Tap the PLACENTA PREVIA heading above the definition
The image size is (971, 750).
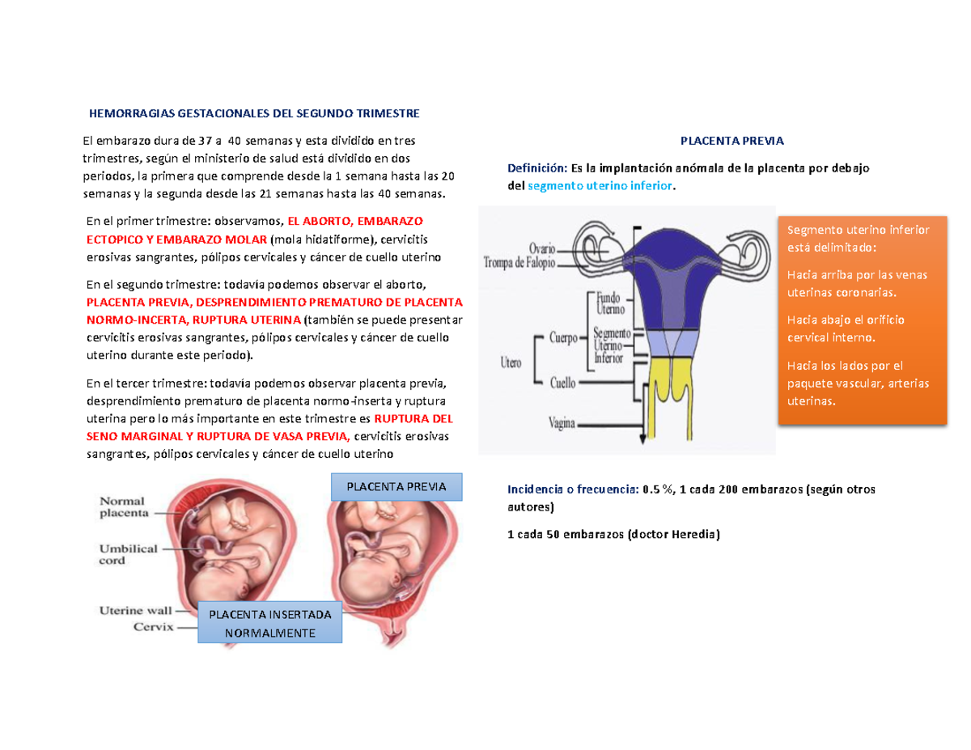coord(731,141)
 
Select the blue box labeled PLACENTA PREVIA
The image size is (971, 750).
coord(396,487)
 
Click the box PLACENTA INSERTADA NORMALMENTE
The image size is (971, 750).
coord(270,623)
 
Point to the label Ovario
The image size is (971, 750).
coord(548,248)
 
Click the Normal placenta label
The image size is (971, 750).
coord(124,506)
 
